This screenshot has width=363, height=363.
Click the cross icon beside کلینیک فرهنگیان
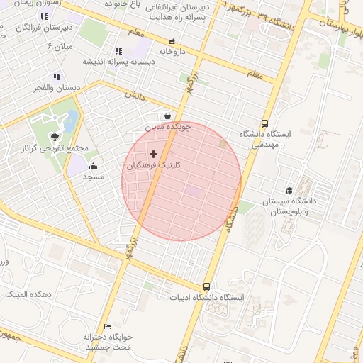pos(153,154)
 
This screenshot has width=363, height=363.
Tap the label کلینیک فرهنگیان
pos(153,165)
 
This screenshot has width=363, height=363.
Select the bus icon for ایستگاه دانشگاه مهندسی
pos(265,123)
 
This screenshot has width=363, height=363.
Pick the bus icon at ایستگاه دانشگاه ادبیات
pos(206,287)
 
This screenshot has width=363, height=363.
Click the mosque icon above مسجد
pos(93,167)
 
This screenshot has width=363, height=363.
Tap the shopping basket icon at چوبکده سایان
pos(167,116)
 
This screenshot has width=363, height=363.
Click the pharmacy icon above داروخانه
pos(171,41)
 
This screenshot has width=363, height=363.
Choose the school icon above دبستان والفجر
pos(55,77)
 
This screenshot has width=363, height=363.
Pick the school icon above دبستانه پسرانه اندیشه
pos(118,51)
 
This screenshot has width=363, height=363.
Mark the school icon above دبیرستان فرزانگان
pos(44,16)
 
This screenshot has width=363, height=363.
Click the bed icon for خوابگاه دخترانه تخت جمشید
pos(107,326)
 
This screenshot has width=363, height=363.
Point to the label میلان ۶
pos(60,46)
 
